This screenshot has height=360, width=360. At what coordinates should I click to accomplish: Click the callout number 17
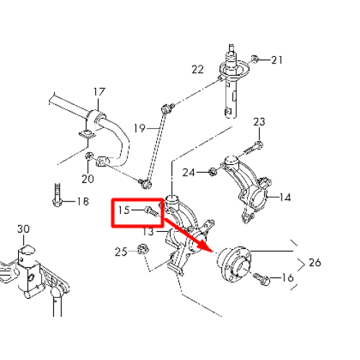pyautogui.click(x=99, y=92)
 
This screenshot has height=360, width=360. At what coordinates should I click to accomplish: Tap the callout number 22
pyautogui.click(x=197, y=70)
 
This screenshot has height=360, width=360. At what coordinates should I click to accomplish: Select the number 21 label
pyautogui.click(x=276, y=60)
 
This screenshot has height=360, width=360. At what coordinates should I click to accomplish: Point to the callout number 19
pyautogui.click(x=140, y=128)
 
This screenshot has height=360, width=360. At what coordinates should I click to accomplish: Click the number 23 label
pyautogui.click(x=259, y=122)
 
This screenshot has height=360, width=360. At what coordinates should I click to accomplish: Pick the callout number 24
pyautogui.click(x=189, y=173)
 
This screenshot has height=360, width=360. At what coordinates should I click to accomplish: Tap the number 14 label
pyautogui.click(x=285, y=197)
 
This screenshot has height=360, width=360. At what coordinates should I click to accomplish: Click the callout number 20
pyautogui.click(x=88, y=179)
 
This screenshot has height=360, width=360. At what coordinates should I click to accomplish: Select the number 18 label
pyautogui.click(x=83, y=201)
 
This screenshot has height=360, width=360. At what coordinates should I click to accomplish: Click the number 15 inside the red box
pyautogui.click(x=124, y=210)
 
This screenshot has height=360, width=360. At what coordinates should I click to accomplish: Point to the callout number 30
pyautogui.click(x=24, y=229)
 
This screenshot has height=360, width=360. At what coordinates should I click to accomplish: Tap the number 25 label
pyautogui.click(x=121, y=252)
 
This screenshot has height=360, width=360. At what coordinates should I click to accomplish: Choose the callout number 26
pyautogui.click(x=315, y=263)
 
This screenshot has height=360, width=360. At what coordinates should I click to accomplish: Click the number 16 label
pyautogui.click(x=287, y=278)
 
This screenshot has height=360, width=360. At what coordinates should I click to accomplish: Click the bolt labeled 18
pyautogui.click(x=57, y=195)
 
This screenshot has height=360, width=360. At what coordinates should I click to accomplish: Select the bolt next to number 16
pyautogui.click(x=261, y=279)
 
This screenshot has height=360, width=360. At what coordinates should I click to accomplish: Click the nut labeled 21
pyautogui.click(x=255, y=59)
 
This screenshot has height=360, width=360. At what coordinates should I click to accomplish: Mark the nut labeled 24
pyautogui.click(x=212, y=171)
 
